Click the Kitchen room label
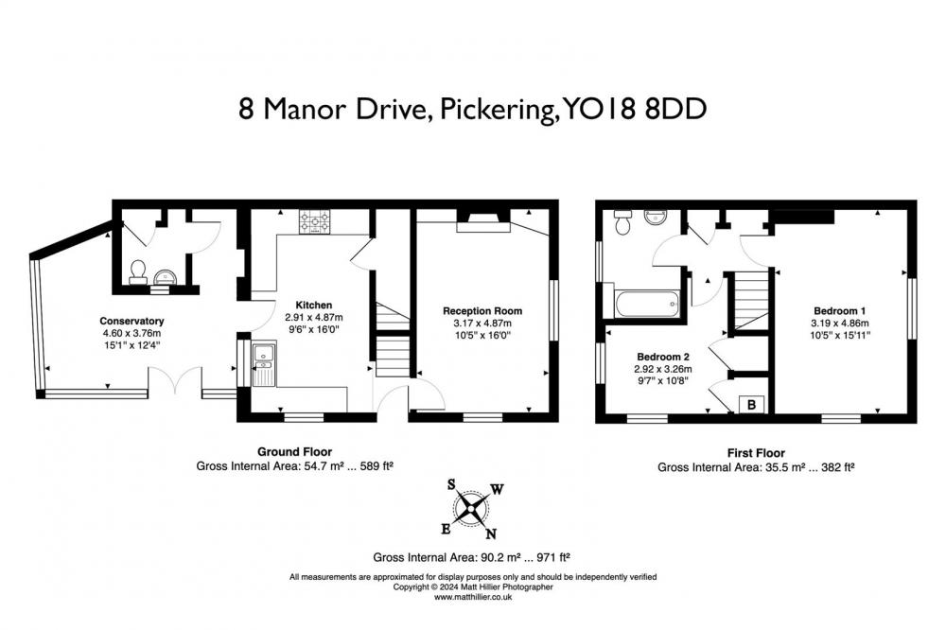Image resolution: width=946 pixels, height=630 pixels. [x=314, y=305]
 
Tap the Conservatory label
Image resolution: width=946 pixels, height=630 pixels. [x=131, y=321]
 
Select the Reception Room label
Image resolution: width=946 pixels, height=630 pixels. [x=482, y=311]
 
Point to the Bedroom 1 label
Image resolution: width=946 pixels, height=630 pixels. [x=840, y=311]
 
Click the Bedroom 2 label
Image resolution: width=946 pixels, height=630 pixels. [x=663, y=357]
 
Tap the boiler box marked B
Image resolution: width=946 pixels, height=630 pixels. [x=752, y=404]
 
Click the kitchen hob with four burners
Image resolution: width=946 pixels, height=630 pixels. [x=315, y=221]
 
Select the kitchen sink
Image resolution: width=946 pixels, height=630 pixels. [x=264, y=364]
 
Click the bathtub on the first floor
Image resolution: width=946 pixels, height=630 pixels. [x=648, y=304]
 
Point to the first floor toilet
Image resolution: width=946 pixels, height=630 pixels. [x=622, y=222]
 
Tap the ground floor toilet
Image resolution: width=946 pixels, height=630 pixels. [x=138, y=272]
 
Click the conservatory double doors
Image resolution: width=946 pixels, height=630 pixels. [x=175, y=380]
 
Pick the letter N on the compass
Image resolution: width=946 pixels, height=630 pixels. [x=491, y=534]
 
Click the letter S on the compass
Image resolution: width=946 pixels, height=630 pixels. [x=451, y=484]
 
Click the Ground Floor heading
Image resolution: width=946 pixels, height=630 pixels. [x=294, y=451]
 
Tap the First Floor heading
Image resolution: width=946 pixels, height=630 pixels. [x=756, y=452]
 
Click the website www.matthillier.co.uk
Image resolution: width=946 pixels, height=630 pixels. [x=473, y=597]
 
